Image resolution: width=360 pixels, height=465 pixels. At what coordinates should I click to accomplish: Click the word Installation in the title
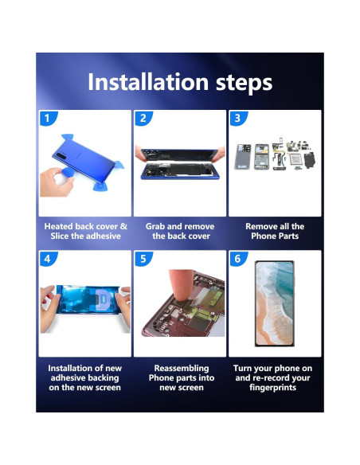tap(148, 82)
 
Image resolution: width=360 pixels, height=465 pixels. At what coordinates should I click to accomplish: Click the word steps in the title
tap(244, 84)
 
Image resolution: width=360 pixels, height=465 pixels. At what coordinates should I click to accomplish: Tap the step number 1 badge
tap(48, 119)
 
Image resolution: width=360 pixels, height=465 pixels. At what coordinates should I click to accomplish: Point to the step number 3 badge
tap(238, 119)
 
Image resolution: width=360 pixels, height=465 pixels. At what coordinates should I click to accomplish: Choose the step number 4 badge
tap(48, 259)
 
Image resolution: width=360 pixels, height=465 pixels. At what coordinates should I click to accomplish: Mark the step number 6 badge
tap(238, 259)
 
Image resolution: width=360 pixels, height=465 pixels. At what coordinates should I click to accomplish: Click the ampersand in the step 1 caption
tap(123, 226)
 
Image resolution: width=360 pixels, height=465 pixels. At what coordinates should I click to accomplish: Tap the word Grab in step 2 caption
tap(155, 226)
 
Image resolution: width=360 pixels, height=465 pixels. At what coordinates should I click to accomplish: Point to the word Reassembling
tap(182, 369)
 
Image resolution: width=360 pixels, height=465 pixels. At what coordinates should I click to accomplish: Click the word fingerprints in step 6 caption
tap(273, 388)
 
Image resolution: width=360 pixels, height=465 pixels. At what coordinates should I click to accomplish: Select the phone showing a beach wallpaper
tap(275, 303)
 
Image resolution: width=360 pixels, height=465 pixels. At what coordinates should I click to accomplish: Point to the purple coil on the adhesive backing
tap(103, 300)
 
